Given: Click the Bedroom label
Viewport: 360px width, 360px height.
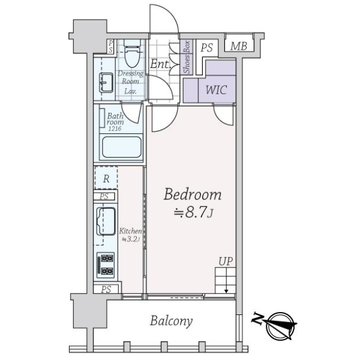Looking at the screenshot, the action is tap(193, 194).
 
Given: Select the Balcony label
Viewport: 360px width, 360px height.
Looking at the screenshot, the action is tap(171, 321).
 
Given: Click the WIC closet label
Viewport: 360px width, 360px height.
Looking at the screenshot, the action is tap(216, 90).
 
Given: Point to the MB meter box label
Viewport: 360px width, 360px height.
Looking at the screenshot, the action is tap(239, 46).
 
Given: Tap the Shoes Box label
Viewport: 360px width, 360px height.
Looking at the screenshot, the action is tap(187, 57).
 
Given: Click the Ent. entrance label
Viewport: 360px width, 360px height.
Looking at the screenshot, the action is tap(160, 64).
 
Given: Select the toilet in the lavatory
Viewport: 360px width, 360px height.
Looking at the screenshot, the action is tap(132, 53).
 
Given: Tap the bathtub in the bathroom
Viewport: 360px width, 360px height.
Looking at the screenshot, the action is tap(122, 147).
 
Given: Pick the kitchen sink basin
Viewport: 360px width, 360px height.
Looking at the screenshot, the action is tap(106, 221).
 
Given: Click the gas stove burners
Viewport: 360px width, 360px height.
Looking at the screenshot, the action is tap(106, 265).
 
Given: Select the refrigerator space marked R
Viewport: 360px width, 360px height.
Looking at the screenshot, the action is tap(106, 178).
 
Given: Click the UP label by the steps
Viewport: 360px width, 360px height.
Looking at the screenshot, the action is tap(226, 262).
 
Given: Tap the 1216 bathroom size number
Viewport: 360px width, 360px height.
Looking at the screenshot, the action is tap(115, 128).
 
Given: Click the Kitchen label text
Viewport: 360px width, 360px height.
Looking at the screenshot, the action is tap(130, 231).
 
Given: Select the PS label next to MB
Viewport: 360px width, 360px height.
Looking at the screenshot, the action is tap(206, 48).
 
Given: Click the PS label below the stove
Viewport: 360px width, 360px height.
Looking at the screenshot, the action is tap(106, 289).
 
